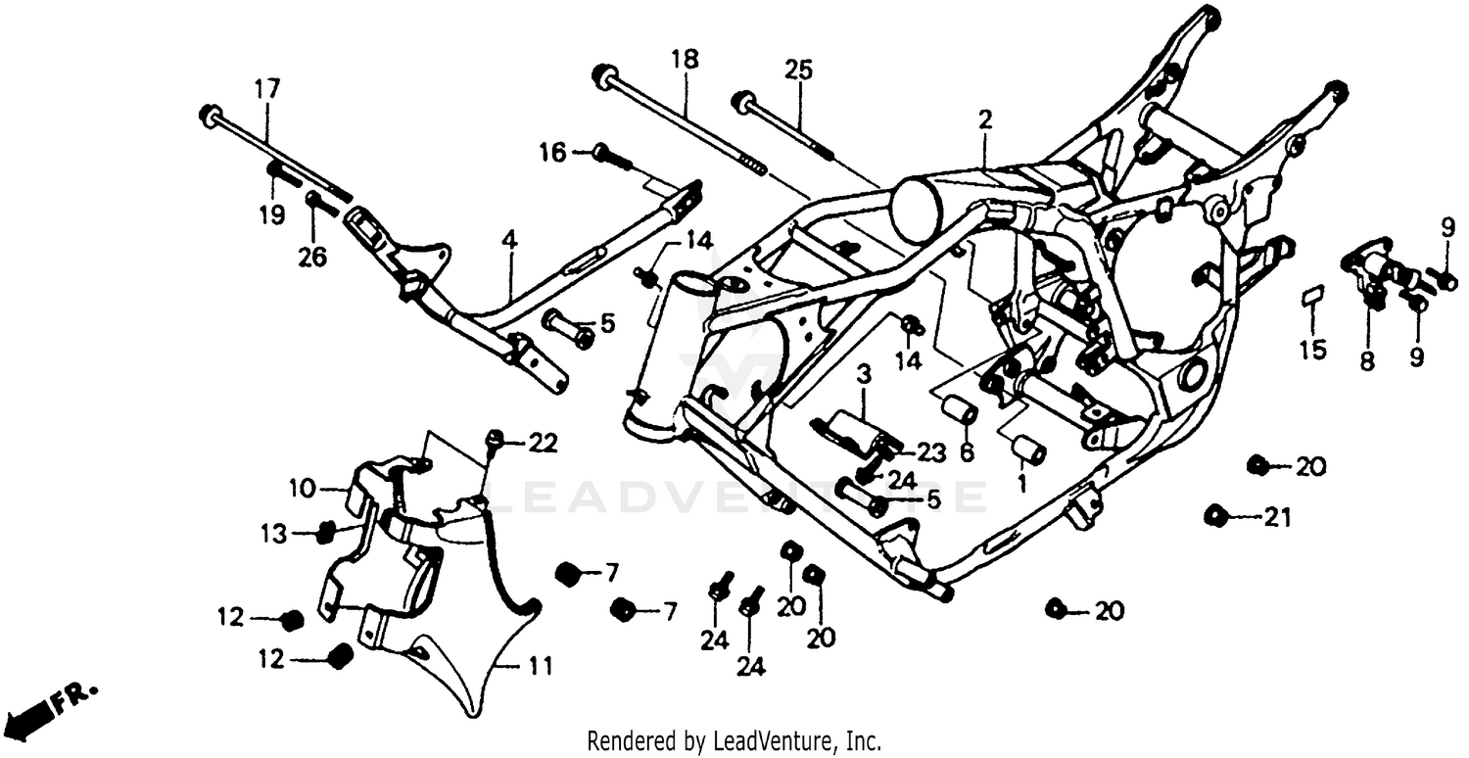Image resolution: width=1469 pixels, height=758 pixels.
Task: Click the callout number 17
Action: point(267,88)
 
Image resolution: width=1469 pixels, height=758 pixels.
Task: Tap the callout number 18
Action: point(685,59)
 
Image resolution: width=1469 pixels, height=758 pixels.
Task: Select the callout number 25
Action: point(798,70)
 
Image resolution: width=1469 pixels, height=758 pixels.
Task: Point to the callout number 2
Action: point(984,120)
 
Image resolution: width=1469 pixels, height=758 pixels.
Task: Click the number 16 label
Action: point(552,152)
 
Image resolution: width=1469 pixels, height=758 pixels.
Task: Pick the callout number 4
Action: point(508,239)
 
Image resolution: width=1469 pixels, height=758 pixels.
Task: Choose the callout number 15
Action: point(1312,350)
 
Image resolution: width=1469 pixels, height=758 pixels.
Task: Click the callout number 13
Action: point(274,534)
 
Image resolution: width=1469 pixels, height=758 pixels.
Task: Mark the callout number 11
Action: point(540,668)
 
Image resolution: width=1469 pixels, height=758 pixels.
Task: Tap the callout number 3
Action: point(864,373)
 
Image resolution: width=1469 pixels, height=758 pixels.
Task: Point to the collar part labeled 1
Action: point(1030,450)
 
